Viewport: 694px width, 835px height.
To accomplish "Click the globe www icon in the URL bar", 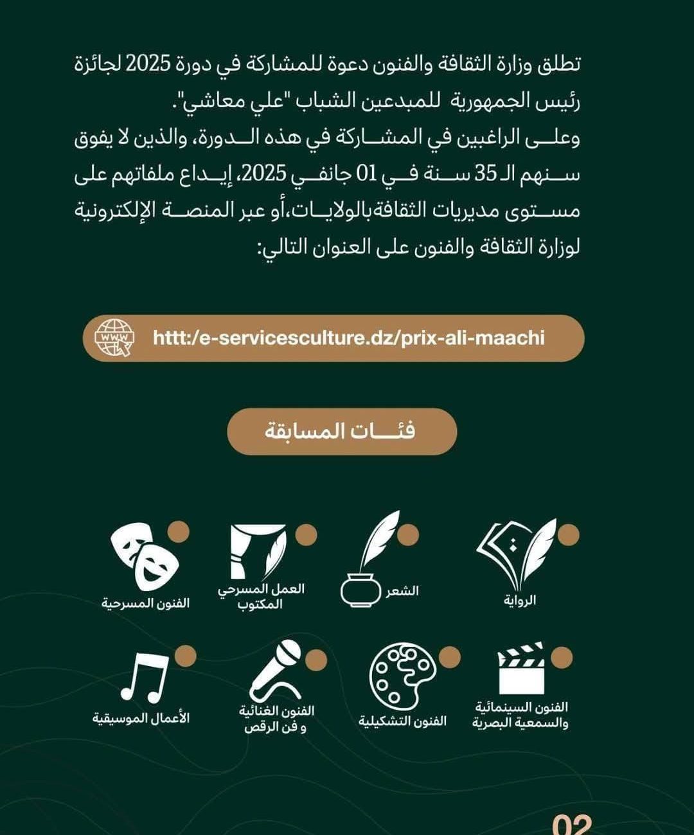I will coord(115,338).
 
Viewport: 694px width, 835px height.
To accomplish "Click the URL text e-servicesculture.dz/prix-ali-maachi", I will coord(348,338).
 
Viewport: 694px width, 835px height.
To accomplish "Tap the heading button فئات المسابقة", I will coord(341,431).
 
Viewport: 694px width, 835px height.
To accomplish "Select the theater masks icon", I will coord(143,556).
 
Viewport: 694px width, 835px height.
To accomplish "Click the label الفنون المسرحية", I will coord(146,604).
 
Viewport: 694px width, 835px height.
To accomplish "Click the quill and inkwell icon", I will coord(369,559).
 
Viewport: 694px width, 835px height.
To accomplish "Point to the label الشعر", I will coord(402,591).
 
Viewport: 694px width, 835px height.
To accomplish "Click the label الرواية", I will coord(520,601).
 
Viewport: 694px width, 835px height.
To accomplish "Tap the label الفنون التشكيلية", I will coord(402,721).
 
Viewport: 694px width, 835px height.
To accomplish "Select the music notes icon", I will coord(145,678).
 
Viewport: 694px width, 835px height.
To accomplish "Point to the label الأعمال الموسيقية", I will coord(141,718).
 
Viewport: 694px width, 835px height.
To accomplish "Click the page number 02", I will coord(571,823).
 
